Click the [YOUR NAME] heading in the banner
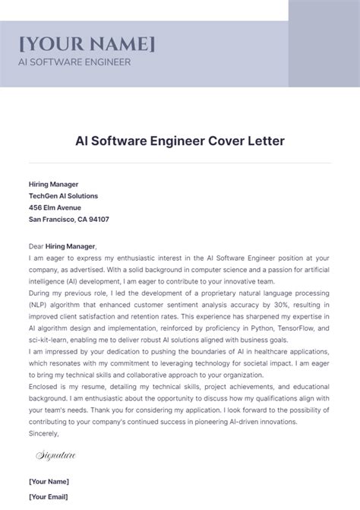(x=87, y=43)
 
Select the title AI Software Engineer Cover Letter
(x=179, y=141)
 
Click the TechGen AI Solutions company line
(x=63, y=195)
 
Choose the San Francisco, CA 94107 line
(x=68, y=219)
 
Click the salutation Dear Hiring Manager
(x=62, y=246)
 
